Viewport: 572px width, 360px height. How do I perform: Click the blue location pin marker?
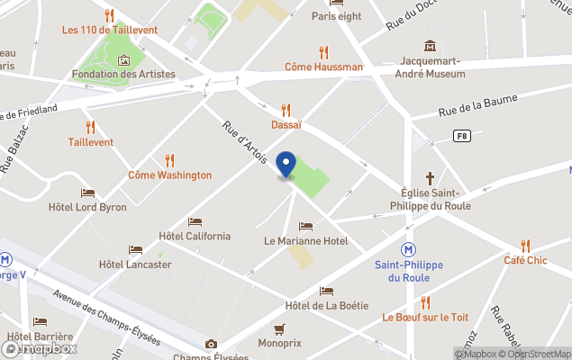286,165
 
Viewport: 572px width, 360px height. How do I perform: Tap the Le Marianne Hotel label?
305,241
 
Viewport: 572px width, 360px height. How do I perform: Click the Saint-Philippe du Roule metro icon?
409,248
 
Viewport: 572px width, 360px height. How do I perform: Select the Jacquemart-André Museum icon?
431,45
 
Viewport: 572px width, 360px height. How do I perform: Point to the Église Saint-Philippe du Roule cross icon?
431,177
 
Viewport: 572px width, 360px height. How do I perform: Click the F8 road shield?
462,135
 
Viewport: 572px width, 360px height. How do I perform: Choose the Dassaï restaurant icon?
286,110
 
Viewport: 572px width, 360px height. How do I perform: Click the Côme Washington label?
170,175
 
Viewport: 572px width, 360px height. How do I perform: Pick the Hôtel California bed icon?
195,221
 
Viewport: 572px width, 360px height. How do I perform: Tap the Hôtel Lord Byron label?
87,207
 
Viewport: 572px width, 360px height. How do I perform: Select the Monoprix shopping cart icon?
279,328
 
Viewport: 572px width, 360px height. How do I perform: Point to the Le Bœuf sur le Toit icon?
425,302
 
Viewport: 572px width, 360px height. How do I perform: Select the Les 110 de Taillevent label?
110,30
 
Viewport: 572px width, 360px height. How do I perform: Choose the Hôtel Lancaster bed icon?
135,250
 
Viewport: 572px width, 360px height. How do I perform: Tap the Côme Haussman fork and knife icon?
323,52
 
